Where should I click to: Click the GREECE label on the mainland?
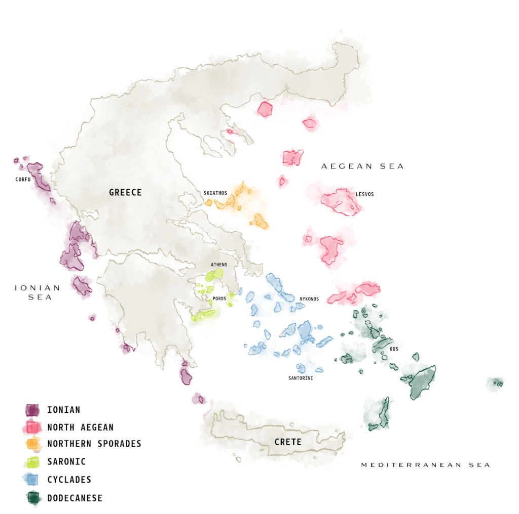click(125, 192)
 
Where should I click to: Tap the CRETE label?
click(288, 442)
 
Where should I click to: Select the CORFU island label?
click(23, 180)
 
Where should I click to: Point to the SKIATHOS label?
click(215, 193)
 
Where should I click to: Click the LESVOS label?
click(364, 194)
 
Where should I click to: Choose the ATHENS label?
click(219, 265)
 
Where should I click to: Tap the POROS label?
click(219, 298)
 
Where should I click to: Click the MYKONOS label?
click(309, 298)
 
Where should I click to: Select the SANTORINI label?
click(301, 378)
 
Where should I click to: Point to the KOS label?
click(394, 349)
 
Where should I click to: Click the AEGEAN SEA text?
click(362, 166)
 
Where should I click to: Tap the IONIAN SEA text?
click(38, 292)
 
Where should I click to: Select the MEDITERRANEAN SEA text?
click(425, 465)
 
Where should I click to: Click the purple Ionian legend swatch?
click(33, 410)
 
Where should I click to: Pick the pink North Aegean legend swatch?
click(33, 427)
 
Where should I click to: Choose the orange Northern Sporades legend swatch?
click(33, 444)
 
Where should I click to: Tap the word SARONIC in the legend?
click(66, 461)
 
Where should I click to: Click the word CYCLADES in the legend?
click(69, 480)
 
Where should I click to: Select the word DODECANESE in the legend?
click(75, 498)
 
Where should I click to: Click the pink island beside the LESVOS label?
click(341, 202)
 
